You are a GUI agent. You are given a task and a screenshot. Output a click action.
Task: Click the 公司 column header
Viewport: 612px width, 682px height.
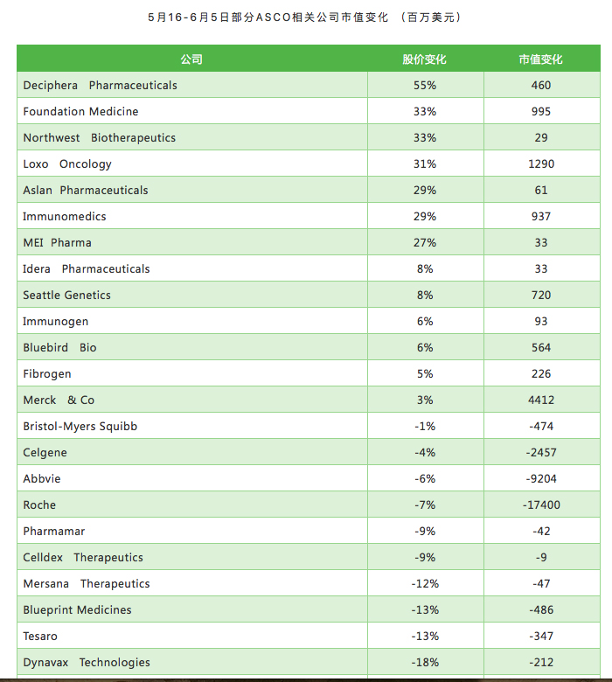click(x=191, y=59)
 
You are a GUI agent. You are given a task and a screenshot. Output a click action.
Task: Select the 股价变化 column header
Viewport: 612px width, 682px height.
click(x=425, y=59)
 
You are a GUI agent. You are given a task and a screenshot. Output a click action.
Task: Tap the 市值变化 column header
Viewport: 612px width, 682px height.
click(x=540, y=59)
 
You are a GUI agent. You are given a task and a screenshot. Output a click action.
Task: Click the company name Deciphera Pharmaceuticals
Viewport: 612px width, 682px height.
click(x=100, y=86)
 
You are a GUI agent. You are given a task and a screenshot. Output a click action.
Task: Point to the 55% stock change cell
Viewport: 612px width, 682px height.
click(x=425, y=86)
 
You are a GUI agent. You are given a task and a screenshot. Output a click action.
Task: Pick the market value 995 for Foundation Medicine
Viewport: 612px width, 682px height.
click(x=541, y=111)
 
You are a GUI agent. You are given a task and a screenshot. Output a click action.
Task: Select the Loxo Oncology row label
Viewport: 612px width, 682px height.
click(x=67, y=164)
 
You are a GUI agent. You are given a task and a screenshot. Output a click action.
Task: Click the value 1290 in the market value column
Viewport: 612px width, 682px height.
click(x=541, y=164)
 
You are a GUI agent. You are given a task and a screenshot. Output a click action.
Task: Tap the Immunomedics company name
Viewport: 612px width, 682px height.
click(x=65, y=216)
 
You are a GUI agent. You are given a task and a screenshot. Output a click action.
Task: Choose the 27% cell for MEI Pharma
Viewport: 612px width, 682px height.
click(x=425, y=243)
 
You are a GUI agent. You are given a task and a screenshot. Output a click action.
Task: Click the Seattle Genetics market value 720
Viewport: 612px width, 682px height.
click(x=541, y=295)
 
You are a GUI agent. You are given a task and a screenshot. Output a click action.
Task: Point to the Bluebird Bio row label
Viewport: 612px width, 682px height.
click(x=59, y=347)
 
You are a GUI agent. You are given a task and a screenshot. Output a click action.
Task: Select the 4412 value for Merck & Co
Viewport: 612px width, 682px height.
click(x=541, y=400)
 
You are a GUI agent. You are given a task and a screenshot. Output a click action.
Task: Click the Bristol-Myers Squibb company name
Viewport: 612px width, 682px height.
click(x=80, y=427)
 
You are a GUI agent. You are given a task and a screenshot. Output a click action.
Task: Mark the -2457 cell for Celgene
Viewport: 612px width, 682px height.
click(x=541, y=452)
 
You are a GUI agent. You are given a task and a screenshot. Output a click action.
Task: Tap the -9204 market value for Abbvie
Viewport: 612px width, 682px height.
click(x=541, y=478)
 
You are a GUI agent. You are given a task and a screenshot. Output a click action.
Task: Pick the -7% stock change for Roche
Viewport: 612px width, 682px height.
click(x=425, y=505)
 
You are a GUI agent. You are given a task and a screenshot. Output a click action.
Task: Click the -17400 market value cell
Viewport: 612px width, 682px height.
click(x=541, y=505)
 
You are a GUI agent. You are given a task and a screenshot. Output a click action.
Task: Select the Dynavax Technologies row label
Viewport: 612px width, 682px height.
click(x=87, y=662)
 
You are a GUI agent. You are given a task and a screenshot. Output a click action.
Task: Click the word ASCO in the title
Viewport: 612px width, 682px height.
click(x=273, y=17)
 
